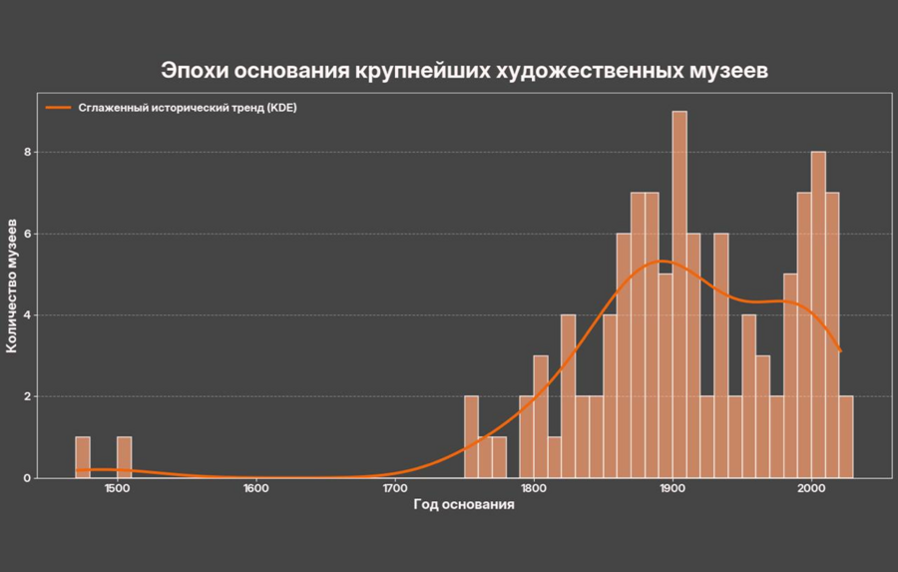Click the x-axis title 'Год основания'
click(x=464, y=505)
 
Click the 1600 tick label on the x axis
click(x=255, y=488)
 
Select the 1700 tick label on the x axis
click(x=394, y=488)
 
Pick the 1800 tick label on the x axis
click(x=534, y=488)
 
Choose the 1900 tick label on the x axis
click(x=673, y=488)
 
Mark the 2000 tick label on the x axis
click(x=811, y=488)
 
